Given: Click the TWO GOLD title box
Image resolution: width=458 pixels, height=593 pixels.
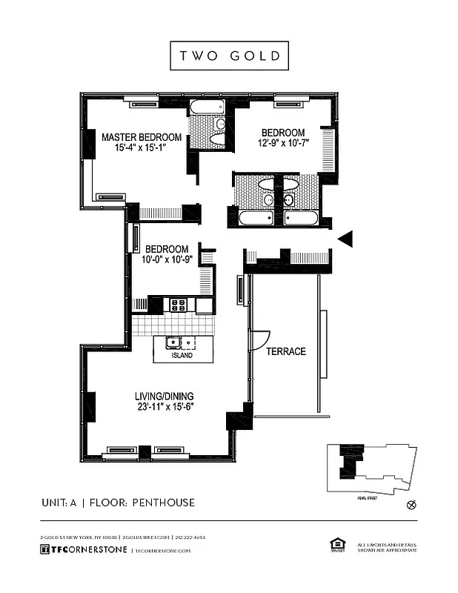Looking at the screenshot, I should pos(228,56).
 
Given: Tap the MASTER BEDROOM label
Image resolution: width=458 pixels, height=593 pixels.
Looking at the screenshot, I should pos(142,137).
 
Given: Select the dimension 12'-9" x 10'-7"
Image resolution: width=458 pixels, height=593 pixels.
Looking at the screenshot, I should pos(283,143).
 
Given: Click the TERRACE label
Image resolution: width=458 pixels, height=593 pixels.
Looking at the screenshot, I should pos(286,351).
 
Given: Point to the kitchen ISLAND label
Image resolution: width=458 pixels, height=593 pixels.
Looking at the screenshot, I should pos(182,356).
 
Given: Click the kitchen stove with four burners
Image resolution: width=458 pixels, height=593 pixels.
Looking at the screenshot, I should pos(179,304).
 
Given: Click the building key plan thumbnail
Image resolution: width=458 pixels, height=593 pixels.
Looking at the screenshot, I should pos(371,468).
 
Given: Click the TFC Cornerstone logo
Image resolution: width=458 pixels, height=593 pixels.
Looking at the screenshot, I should pos(83,550).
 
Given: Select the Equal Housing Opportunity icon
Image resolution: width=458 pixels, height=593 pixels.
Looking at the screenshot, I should pos(333,546).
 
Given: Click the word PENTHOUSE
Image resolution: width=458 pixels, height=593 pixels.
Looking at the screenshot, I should pos(163,503).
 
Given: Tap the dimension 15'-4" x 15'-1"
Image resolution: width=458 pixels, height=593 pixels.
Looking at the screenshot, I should pos(142,148).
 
